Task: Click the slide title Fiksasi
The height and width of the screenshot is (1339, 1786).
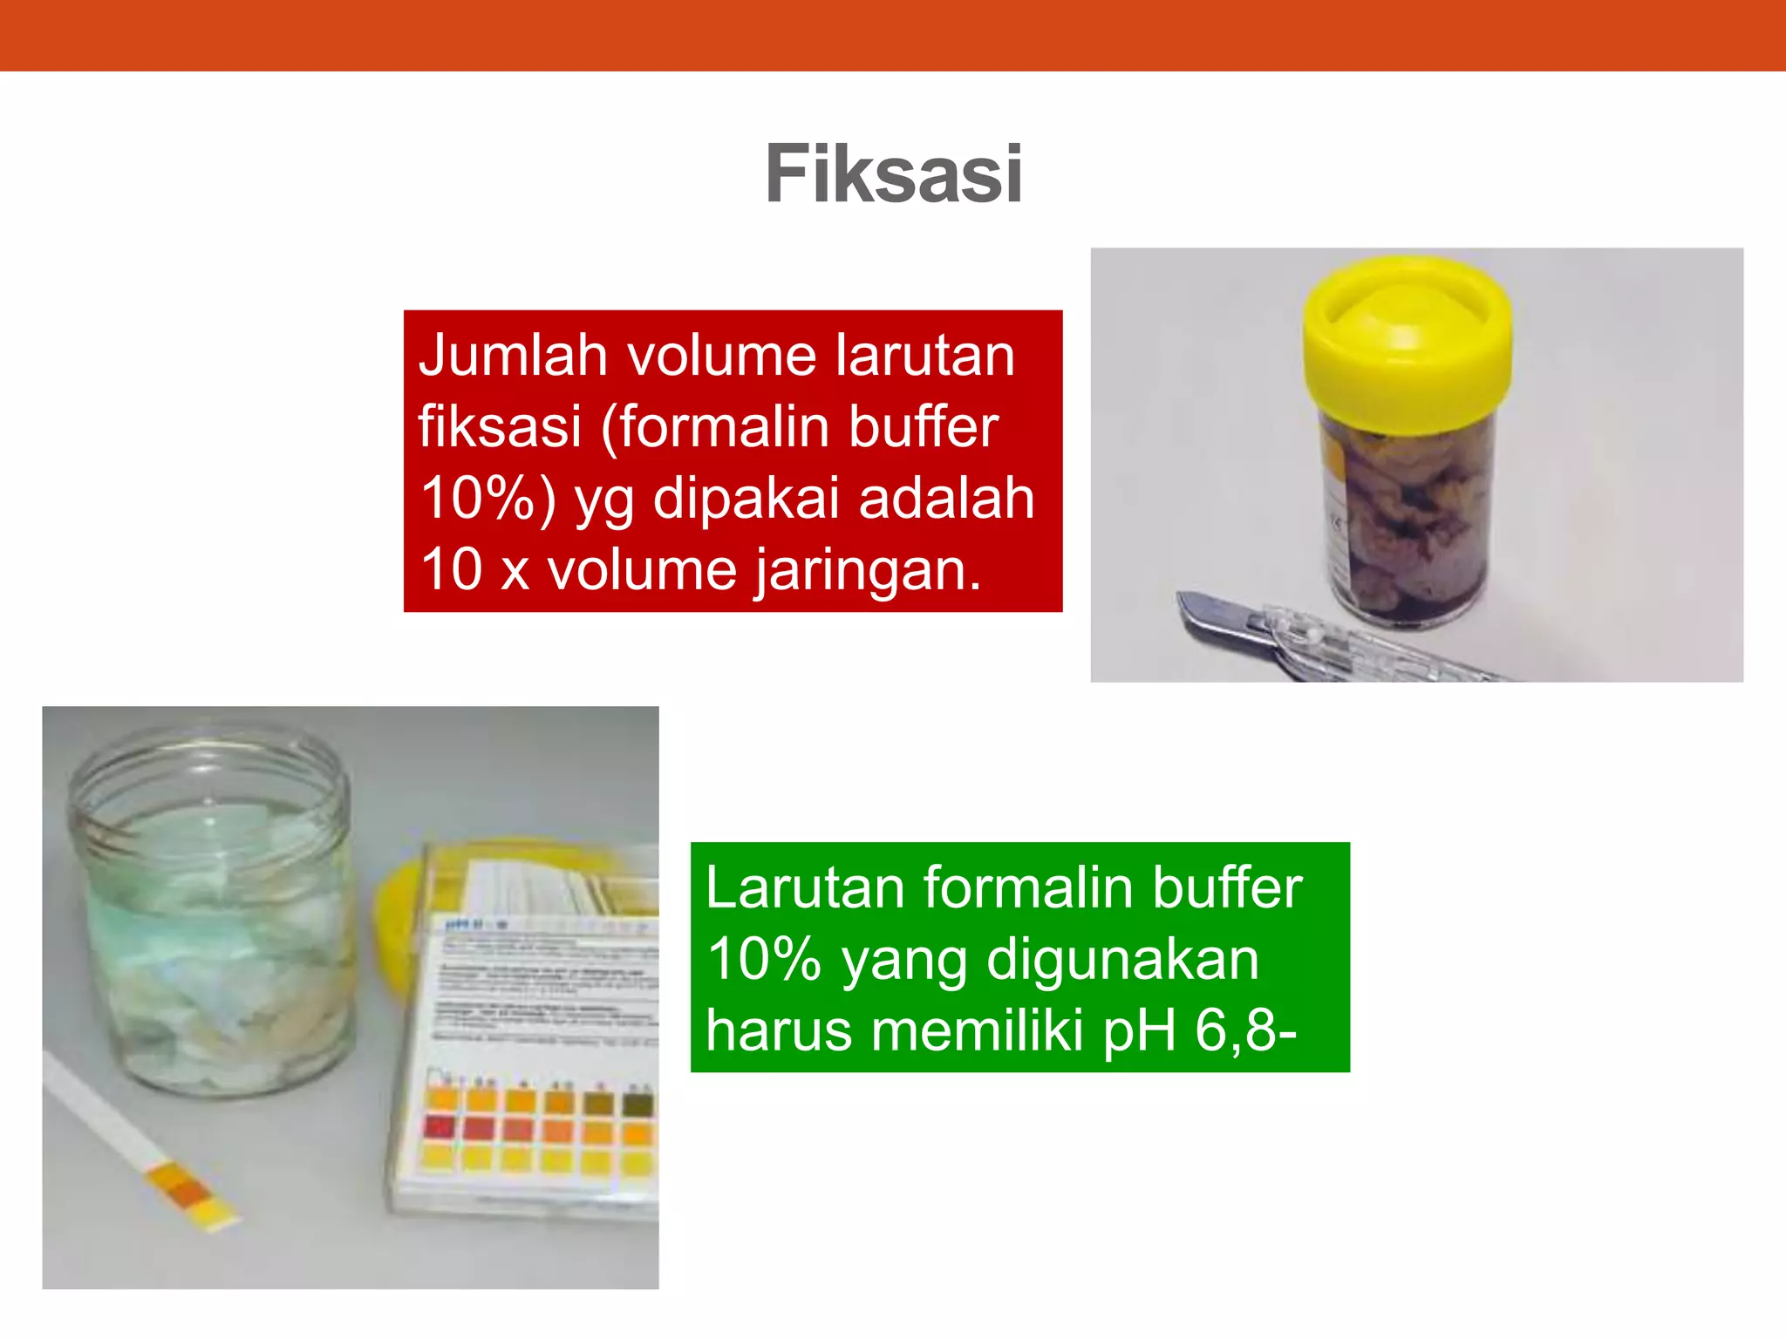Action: tap(893, 174)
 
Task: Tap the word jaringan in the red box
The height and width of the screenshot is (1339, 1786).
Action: tap(868, 571)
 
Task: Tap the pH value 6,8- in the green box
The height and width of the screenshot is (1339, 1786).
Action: tap(1245, 1030)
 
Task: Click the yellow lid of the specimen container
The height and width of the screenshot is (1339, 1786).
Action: tap(1406, 344)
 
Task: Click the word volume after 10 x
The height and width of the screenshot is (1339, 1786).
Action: tap(641, 571)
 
